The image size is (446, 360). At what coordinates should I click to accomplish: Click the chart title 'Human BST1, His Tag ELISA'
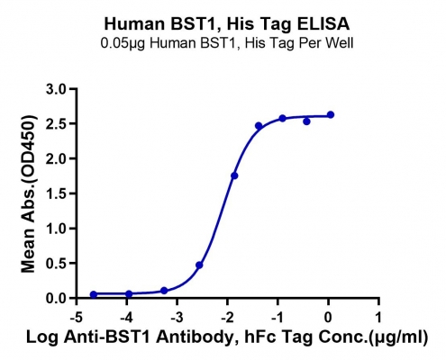(227, 24)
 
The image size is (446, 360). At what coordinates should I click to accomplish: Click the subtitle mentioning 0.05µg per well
(227, 43)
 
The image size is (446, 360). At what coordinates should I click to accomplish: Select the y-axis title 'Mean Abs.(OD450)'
(29, 193)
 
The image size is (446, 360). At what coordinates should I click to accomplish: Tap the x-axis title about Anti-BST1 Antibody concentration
(227, 337)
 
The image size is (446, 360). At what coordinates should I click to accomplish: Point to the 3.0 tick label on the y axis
(56, 89)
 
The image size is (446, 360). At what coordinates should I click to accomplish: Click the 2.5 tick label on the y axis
(56, 124)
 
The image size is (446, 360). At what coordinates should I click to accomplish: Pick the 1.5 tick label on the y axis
(56, 193)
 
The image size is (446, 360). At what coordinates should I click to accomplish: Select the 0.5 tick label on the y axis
(56, 264)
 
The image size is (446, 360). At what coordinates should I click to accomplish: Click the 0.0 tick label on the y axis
(56, 298)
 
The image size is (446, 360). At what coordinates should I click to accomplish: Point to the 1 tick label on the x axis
(379, 318)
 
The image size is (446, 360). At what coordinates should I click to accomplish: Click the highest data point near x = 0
(331, 114)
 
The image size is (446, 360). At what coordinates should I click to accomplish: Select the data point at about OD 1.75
(234, 175)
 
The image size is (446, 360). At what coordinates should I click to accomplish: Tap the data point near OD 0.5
(199, 265)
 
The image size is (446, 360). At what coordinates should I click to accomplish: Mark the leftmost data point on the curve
(94, 294)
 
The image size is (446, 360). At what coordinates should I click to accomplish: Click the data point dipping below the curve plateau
(306, 121)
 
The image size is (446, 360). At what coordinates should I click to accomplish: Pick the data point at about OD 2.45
(259, 126)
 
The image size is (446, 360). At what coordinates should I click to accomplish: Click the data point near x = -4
(129, 293)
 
